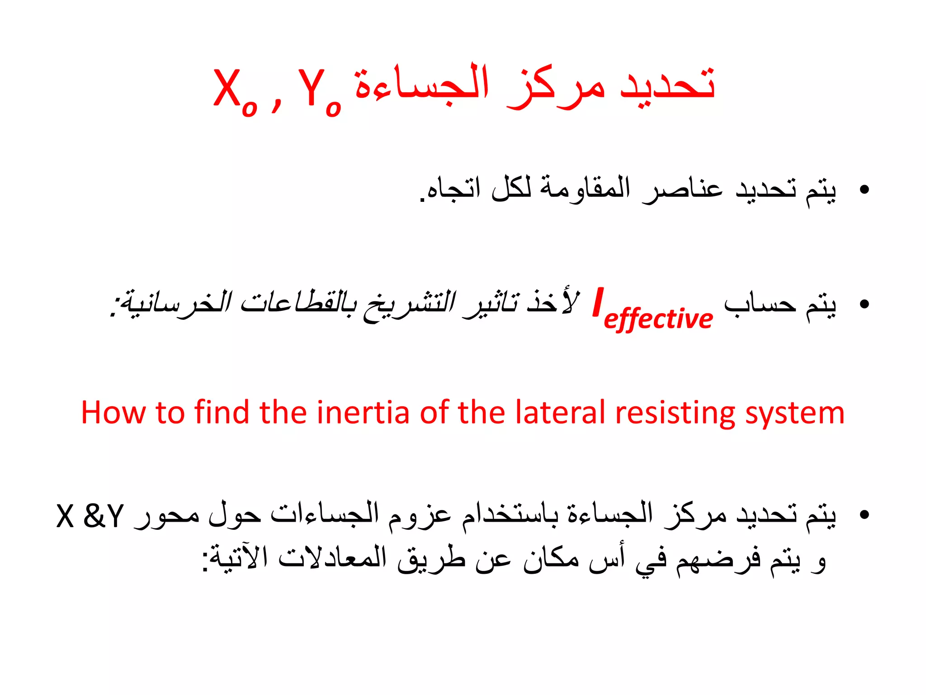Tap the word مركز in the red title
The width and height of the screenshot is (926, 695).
[x=556, y=86]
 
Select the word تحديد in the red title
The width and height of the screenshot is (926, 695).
[x=667, y=84]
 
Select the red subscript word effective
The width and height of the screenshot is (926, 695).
[x=658, y=319]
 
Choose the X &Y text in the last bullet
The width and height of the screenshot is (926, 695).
[x=90, y=516]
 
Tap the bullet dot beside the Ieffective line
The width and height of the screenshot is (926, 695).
[x=865, y=305]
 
